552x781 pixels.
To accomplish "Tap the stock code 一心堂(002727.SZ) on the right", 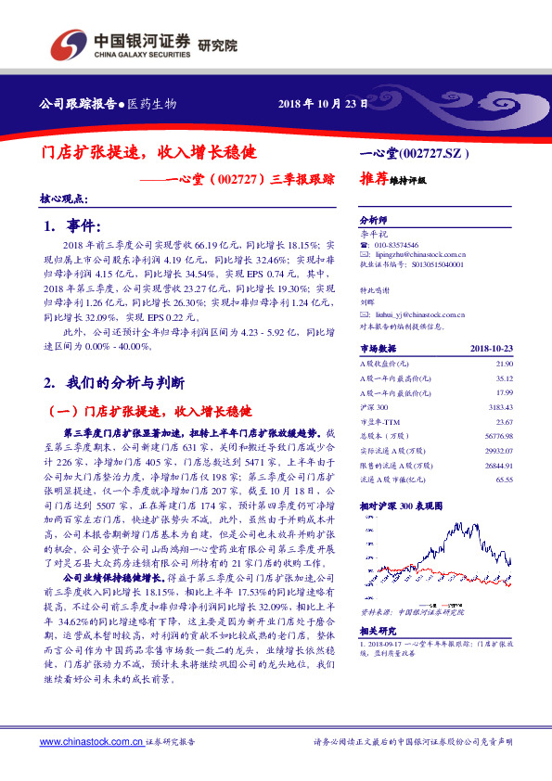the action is pos(414,151).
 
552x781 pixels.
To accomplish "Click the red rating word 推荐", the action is pos(373,181).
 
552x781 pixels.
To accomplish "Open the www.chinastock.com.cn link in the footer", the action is pos(91,742).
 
